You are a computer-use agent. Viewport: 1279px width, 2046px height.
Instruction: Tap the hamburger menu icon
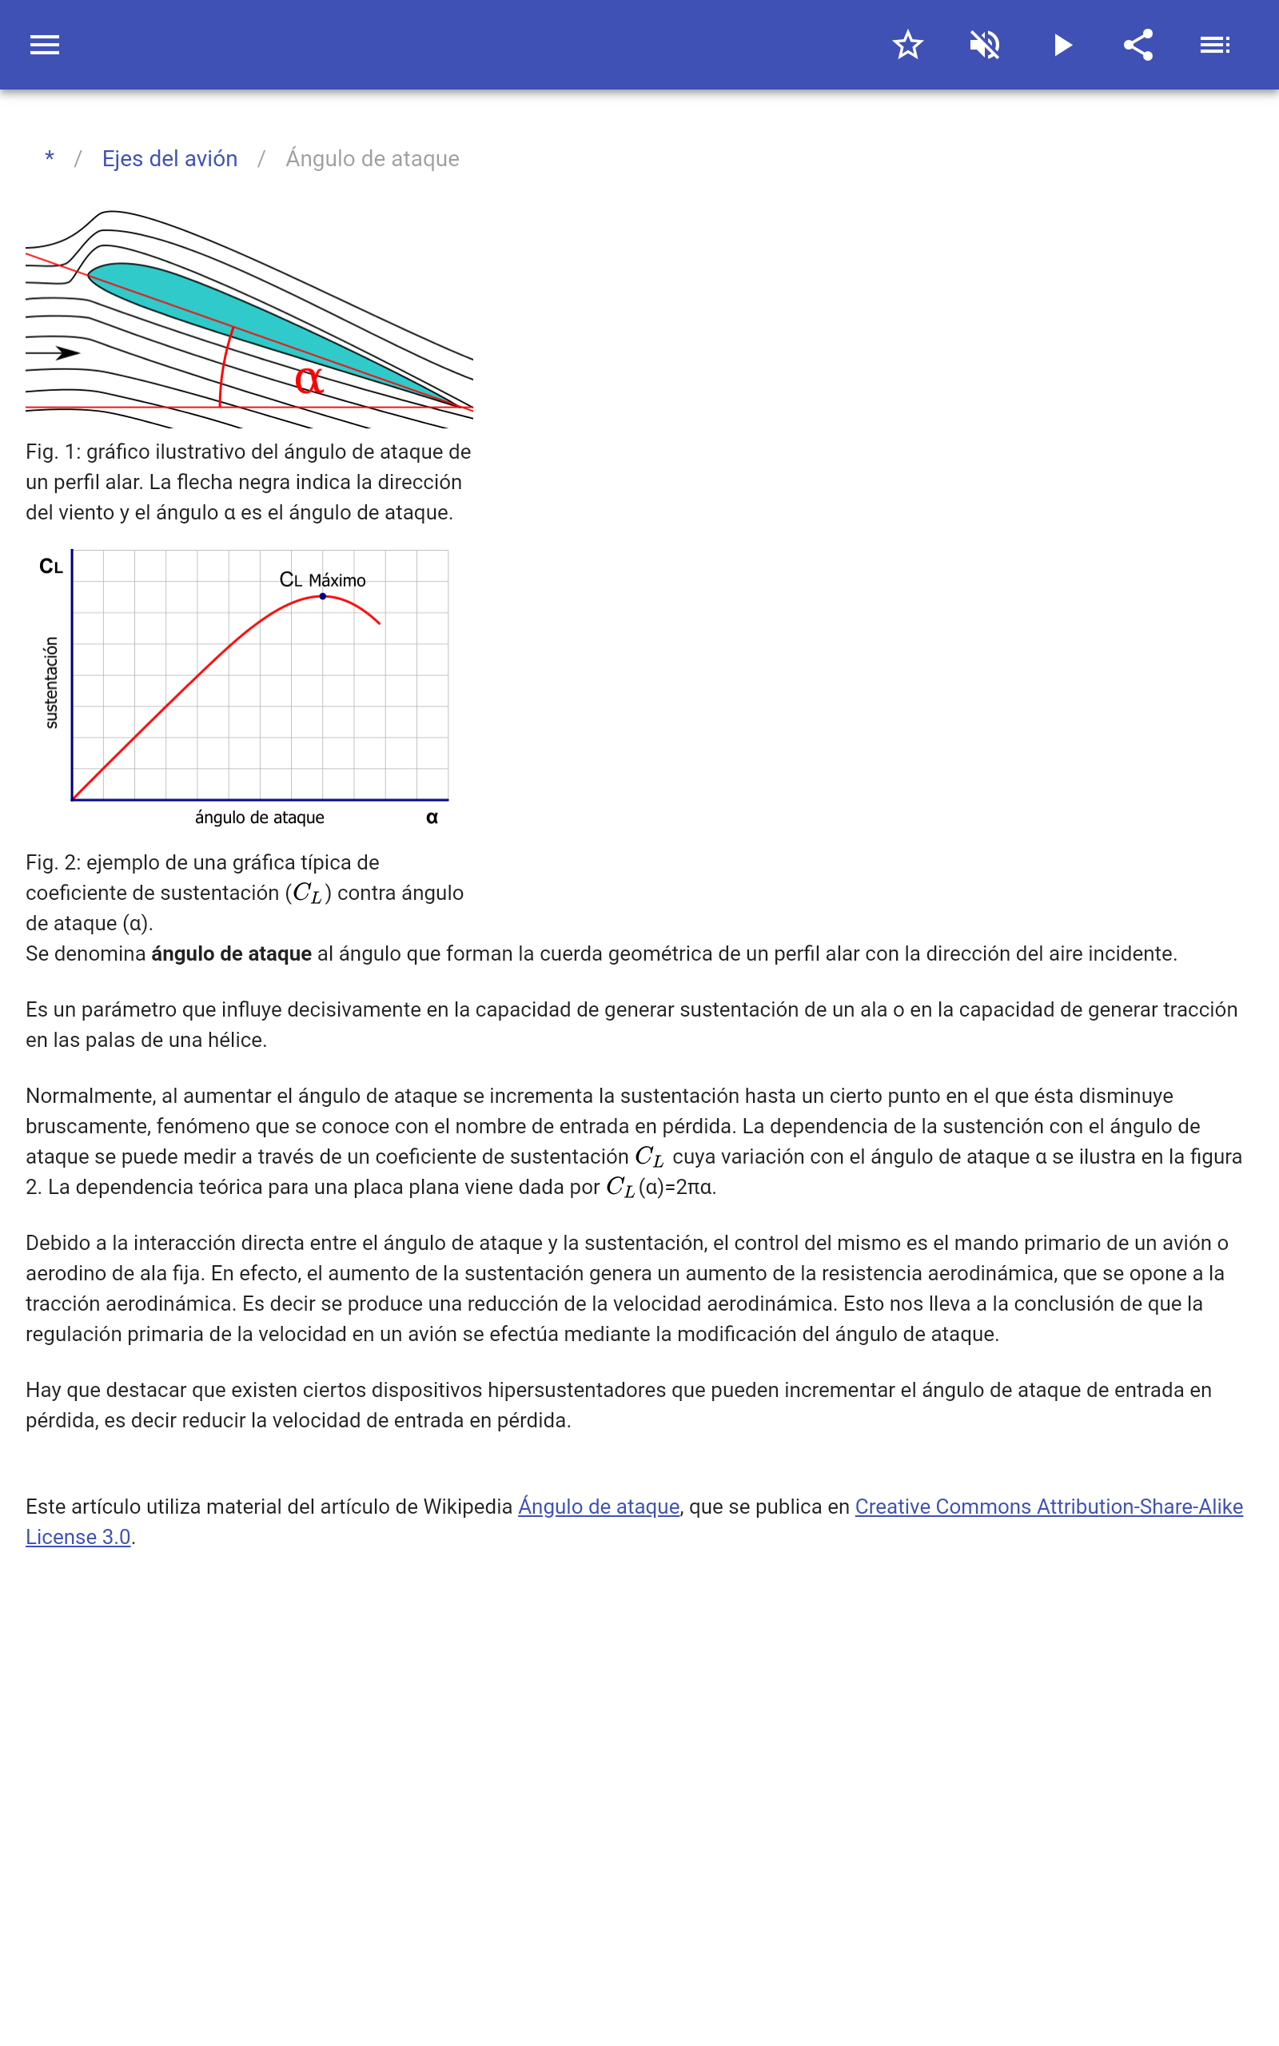tap(45, 45)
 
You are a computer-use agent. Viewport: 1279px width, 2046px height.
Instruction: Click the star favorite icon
tap(907, 45)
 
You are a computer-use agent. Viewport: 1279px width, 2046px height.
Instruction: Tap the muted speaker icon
tap(985, 45)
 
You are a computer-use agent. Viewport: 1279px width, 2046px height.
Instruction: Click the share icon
tap(1138, 45)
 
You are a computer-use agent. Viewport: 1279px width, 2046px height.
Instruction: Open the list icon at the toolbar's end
tap(1215, 45)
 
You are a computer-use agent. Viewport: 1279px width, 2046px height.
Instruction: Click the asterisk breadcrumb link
tap(50, 158)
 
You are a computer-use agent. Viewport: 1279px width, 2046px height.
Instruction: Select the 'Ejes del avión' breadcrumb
tap(169, 159)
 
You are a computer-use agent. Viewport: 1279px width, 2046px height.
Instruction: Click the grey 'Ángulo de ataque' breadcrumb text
tap(373, 159)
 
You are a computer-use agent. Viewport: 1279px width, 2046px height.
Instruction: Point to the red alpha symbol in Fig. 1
tap(309, 380)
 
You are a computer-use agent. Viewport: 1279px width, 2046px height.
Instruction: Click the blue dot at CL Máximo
tap(322, 597)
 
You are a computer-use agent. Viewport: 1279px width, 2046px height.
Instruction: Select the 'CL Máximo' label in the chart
tap(322, 580)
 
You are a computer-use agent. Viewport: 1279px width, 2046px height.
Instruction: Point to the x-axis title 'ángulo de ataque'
tap(260, 818)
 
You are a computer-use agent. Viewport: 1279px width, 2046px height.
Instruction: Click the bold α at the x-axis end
tap(432, 818)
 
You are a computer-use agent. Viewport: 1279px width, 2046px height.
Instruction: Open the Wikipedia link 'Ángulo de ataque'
tap(599, 1507)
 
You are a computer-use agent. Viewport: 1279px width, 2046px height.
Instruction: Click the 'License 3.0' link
tap(78, 1537)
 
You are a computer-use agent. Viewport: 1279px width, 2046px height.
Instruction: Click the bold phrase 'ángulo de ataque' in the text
tap(232, 953)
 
